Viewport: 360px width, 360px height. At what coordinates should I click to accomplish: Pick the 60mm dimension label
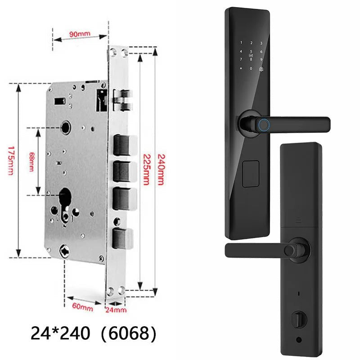point(83,308)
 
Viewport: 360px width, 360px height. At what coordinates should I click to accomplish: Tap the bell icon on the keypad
point(261,68)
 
